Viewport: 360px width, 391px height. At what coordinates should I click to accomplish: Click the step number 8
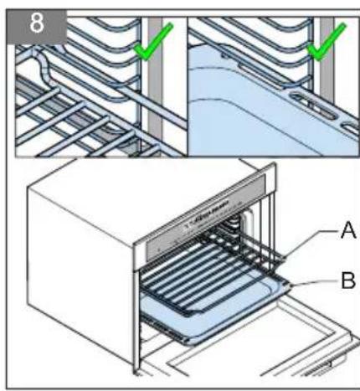[x=37, y=23]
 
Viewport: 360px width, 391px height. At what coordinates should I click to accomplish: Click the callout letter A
[x=348, y=230]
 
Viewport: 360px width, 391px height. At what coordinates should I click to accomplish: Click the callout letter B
[x=348, y=280]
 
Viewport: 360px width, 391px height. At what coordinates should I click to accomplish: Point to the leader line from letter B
[x=315, y=282]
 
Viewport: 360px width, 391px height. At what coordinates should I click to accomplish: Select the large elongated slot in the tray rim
[x=313, y=105]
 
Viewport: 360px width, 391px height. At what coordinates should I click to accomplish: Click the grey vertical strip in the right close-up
[x=327, y=69]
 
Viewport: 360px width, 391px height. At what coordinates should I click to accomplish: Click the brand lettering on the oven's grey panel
[x=207, y=213]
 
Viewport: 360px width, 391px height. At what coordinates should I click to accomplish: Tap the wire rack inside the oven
[x=207, y=276]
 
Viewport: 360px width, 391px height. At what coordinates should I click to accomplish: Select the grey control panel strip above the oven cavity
[x=206, y=218]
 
